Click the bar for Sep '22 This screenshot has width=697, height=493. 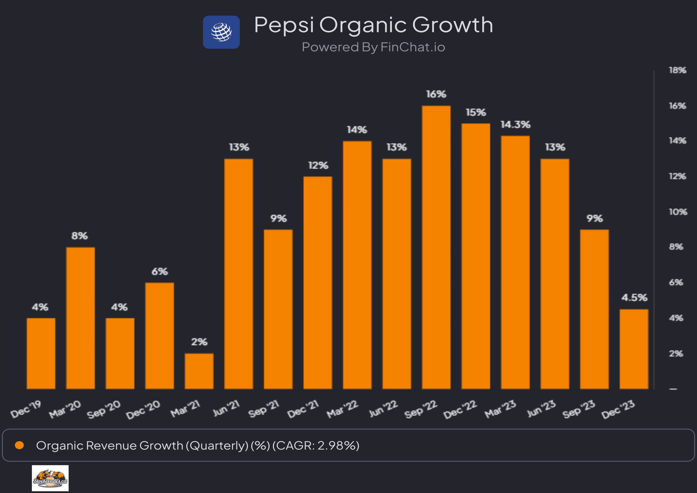(436, 248)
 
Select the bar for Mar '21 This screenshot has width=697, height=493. (199, 371)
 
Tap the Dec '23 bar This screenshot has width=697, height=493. (634, 349)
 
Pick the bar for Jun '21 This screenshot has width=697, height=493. (238, 274)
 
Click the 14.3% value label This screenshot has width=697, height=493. (515, 124)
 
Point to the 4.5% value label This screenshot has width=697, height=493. (634, 297)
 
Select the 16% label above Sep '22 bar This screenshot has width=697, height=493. (436, 94)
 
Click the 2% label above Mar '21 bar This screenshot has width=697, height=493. (199, 342)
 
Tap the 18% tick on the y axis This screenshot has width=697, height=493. (677, 70)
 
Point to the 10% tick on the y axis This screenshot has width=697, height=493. (678, 212)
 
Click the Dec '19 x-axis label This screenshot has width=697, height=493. (26, 409)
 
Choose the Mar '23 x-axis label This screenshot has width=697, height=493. (500, 409)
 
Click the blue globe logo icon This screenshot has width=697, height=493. (221, 32)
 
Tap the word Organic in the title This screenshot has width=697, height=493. (363, 25)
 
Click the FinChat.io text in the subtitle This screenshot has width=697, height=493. (413, 47)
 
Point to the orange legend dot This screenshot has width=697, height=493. (19, 445)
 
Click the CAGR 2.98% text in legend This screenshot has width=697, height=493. (316, 446)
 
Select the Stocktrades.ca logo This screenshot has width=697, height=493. (50, 478)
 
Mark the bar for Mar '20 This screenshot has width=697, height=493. (80, 318)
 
